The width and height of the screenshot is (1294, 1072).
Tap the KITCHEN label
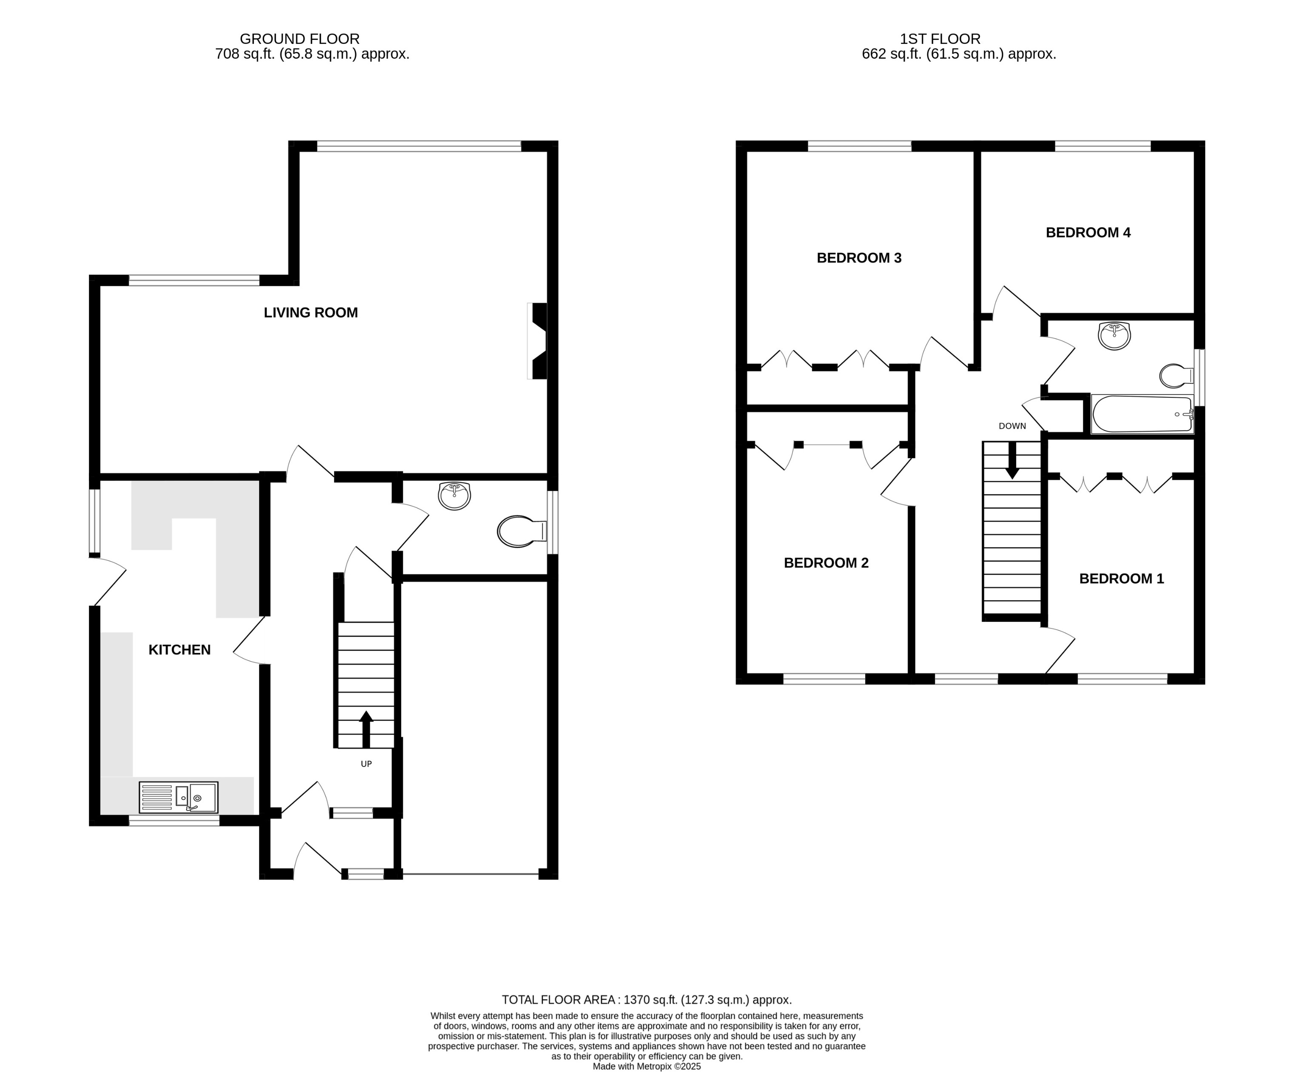click(180, 649)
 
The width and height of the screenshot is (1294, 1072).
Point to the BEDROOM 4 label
click(1088, 232)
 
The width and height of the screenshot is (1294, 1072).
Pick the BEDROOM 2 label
click(826, 562)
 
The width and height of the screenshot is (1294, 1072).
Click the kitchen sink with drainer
click(178, 797)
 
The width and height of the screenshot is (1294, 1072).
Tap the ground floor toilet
click(521, 531)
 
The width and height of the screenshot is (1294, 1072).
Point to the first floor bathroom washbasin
click(1114, 336)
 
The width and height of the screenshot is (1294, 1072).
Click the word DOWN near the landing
click(1012, 426)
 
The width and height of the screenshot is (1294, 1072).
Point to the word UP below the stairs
click(366, 764)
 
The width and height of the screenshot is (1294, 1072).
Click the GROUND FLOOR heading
click(299, 39)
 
